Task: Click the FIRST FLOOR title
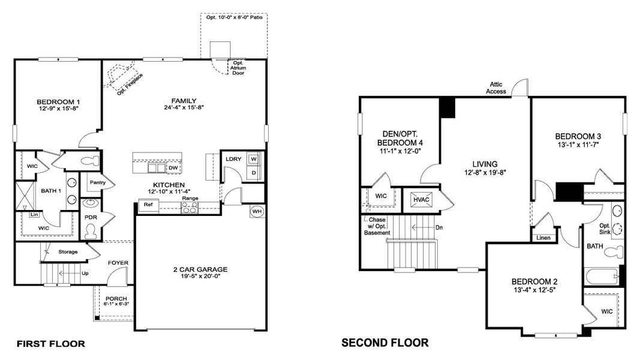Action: coord(50,344)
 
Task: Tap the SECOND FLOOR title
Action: coord(384,343)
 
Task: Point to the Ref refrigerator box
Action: coord(148,205)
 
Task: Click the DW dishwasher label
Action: coord(173,168)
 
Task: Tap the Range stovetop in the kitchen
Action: coord(190,207)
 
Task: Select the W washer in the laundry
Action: coord(253,159)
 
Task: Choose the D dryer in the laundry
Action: coord(253,172)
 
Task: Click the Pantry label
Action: coord(97,182)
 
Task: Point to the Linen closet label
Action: coord(542,238)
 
